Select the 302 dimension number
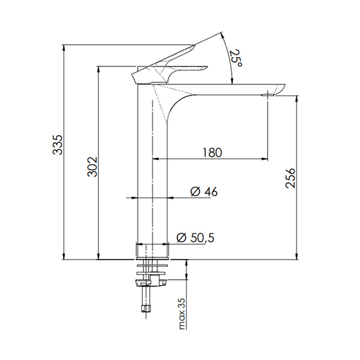(x=92, y=167)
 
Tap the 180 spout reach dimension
(x=211, y=153)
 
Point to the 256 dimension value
(x=290, y=178)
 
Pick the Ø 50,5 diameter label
(x=195, y=238)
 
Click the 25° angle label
(x=236, y=58)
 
